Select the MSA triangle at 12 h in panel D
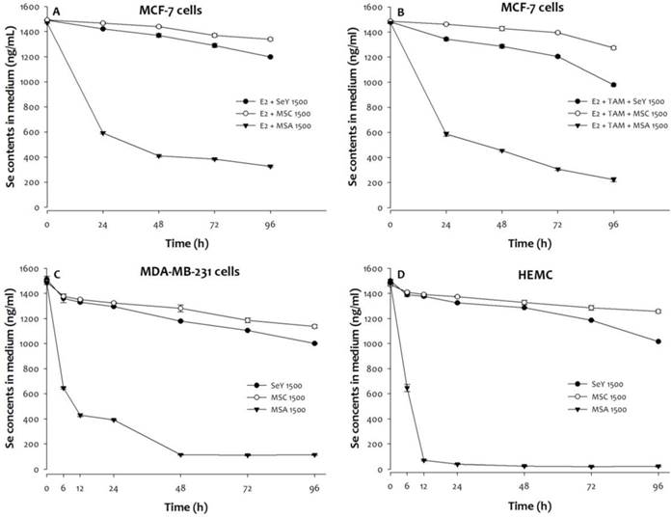point(423,461)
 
